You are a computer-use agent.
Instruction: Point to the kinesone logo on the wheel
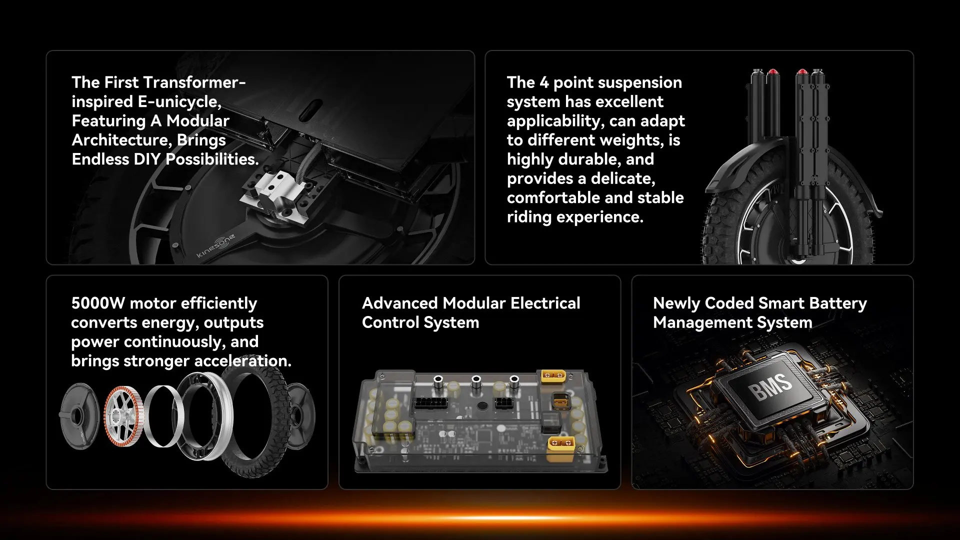click(x=216, y=246)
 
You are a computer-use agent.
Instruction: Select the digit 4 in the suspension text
click(x=544, y=82)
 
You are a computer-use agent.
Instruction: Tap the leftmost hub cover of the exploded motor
click(x=79, y=416)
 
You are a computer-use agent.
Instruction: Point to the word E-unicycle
click(x=179, y=102)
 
